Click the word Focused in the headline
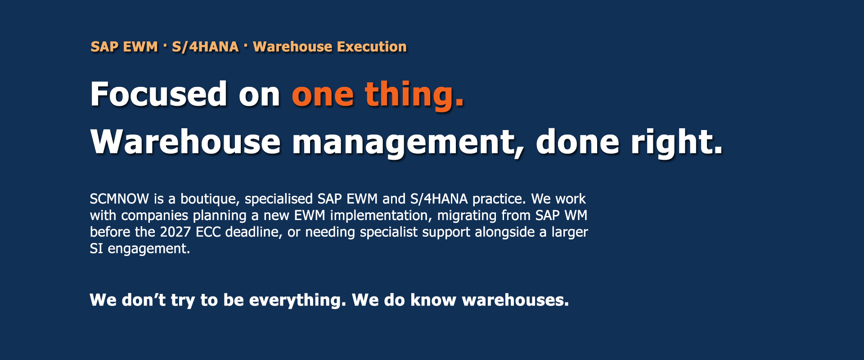(x=158, y=94)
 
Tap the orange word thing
(x=414, y=95)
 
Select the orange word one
(x=323, y=97)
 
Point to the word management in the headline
(x=409, y=143)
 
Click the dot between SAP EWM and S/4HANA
(x=165, y=45)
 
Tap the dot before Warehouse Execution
(x=246, y=45)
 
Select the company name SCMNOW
(x=119, y=199)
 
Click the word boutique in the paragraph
(x=210, y=199)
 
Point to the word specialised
(x=279, y=199)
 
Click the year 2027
(x=175, y=232)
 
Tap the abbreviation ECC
(x=208, y=232)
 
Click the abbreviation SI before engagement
(x=96, y=249)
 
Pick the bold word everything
(x=297, y=301)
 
